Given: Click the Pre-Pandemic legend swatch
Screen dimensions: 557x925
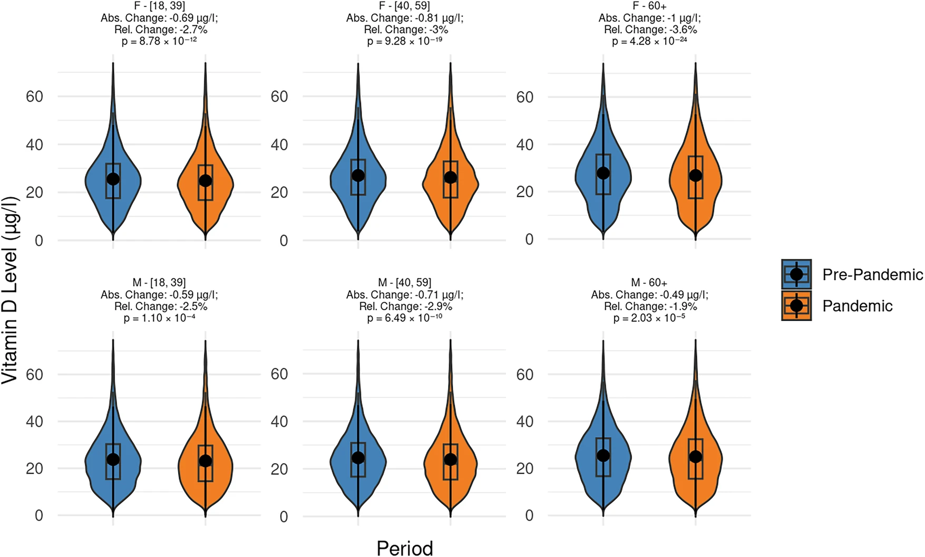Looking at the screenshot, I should tap(796, 275).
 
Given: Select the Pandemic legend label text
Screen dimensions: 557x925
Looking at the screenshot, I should tap(857, 306).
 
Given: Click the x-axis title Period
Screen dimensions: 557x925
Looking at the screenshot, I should tap(404, 548).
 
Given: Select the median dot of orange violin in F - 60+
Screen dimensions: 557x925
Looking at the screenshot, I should tap(695, 175).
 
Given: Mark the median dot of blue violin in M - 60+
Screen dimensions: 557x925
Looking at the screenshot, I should tap(603, 455).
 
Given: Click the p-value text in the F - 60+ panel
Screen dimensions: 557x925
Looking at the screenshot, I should tap(649, 41).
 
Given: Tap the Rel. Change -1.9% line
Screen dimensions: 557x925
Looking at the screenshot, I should tap(650, 306).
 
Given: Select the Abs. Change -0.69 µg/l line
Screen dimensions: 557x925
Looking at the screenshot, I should tap(159, 18).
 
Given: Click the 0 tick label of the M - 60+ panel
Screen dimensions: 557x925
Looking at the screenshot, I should tap(529, 515).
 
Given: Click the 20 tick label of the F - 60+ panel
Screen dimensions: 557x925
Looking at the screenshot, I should tap(524, 192).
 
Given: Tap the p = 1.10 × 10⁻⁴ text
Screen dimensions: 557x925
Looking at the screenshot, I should tap(159, 318).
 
